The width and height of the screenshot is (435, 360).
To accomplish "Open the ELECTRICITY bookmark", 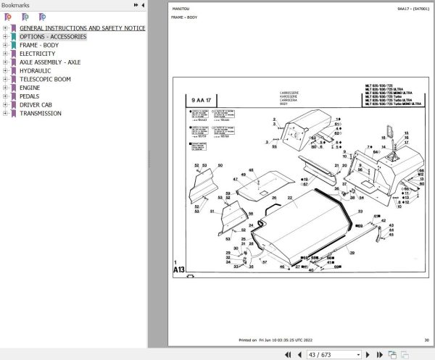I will (37, 54).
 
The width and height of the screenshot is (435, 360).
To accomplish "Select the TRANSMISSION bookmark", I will (41, 113).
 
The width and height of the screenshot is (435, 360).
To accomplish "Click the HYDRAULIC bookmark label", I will (36, 70).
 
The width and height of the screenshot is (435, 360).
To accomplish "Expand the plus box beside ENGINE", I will (5, 88).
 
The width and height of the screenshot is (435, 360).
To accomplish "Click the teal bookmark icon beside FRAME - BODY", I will (13, 45).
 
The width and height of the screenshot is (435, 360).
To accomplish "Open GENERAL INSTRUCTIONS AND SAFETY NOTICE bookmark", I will (82, 28).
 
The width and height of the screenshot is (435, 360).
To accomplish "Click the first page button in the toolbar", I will (288, 354).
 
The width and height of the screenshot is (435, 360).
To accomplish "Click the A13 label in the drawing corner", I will (179, 270).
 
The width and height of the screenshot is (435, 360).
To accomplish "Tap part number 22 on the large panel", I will (289, 197).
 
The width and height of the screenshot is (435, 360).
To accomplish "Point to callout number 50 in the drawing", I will (220, 166).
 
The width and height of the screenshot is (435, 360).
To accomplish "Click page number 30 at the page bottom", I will (426, 340).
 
